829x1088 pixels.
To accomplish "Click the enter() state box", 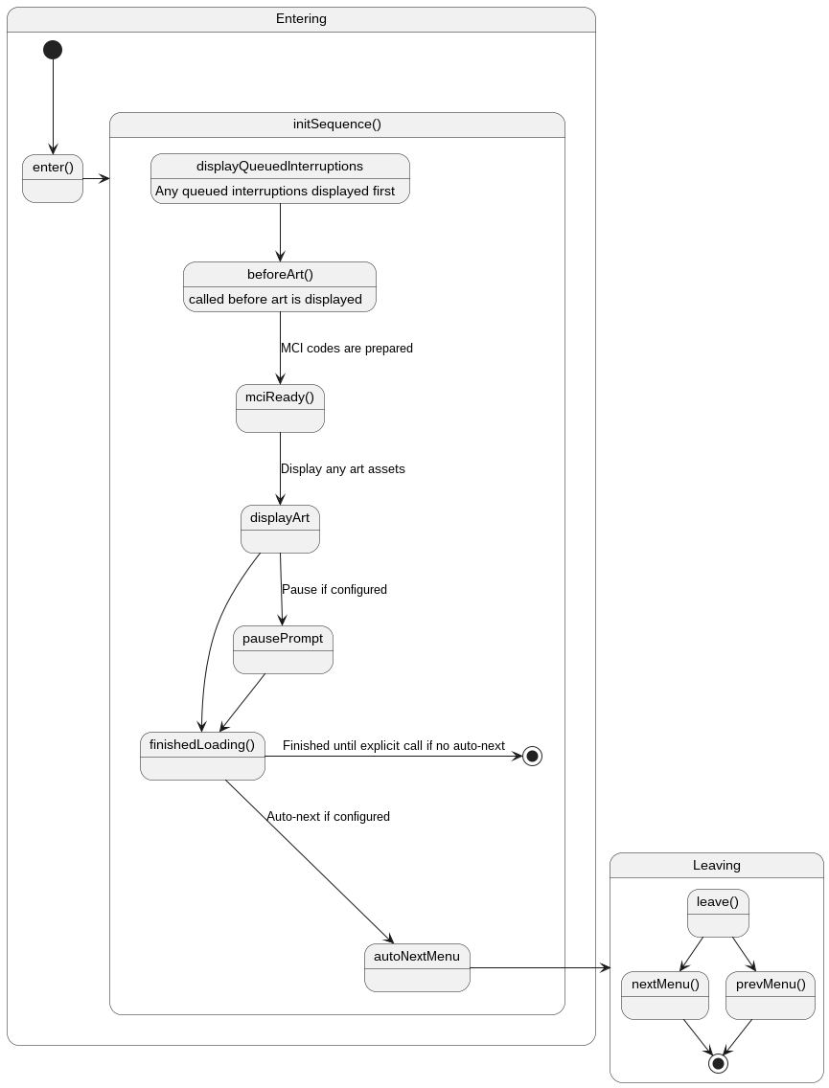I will pos(53,178).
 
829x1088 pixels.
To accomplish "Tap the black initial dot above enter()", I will pos(53,50).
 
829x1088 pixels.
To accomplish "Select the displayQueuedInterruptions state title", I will pos(280,166).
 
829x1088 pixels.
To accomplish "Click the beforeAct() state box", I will pos(280,286).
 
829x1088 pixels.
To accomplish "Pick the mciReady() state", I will pos(280,408).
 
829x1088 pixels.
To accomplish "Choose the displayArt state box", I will pos(280,529).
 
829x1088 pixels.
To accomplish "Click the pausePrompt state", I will pos(283,649).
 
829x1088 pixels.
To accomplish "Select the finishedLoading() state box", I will pos(202,756).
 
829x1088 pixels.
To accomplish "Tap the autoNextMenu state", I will pos(417,967).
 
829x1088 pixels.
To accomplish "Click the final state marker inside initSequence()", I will pos(532,756).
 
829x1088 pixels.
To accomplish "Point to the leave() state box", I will pos(718,913).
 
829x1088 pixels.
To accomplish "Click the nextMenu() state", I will pos(665,995).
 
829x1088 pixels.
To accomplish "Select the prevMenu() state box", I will pos(771,995).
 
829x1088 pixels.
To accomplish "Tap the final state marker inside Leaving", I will pos(718,1063).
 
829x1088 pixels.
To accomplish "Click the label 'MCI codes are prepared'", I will pos(347,349).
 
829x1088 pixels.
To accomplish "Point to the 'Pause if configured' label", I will pos(334,590).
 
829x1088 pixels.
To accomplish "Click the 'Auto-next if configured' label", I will pos(328,817).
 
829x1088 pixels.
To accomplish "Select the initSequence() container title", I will pos(337,125).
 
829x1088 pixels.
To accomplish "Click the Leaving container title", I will pos(717,865).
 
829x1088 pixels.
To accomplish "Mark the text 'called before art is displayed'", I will pos(275,299).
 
